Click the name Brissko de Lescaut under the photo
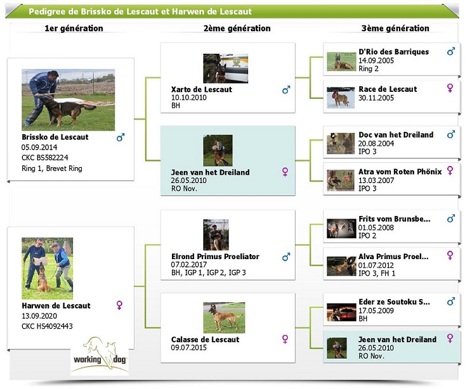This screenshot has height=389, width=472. [55, 137]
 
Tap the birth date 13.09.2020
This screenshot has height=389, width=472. [39, 316]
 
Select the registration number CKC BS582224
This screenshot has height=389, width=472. [45, 158]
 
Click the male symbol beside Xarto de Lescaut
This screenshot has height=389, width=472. [286, 89]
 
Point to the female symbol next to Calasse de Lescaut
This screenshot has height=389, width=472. [285, 339]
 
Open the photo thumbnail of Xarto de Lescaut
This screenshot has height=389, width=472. [225, 68]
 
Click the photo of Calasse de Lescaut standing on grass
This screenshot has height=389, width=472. [224, 318]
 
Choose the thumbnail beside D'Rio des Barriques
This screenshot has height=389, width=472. [341, 61]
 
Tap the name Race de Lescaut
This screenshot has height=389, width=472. [388, 89]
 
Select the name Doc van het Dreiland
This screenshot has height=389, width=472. [396, 135]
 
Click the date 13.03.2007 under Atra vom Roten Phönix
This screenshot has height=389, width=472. [376, 181]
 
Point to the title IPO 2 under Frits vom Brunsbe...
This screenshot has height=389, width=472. [367, 236]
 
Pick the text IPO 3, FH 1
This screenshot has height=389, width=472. [377, 273]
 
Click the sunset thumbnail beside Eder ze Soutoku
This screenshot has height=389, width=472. [341, 312]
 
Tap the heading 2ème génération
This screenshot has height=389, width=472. [237, 29]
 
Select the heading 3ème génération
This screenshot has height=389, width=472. [395, 29]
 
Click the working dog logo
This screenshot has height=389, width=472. [100, 356]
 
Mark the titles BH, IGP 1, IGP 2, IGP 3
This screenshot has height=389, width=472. [208, 272]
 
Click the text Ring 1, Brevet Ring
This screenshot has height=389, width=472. [52, 169]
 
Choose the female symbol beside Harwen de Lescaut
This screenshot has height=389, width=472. [119, 305]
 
